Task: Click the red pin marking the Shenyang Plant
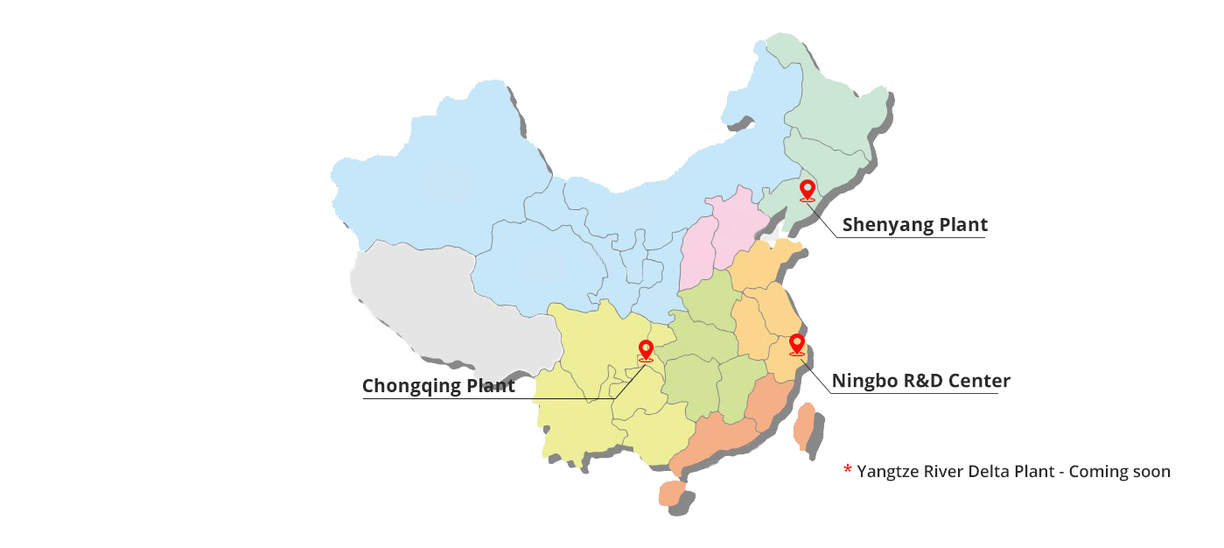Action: tap(807, 189)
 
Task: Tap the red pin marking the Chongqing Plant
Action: tap(646, 349)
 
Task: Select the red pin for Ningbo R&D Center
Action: tap(796, 343)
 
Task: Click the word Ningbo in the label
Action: tap(862, 381)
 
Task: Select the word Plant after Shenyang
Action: tap(963, 225)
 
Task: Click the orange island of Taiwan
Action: tap(802, 426)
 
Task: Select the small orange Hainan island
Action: tap(671, 494)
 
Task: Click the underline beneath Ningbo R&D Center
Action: tap(914, 393)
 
